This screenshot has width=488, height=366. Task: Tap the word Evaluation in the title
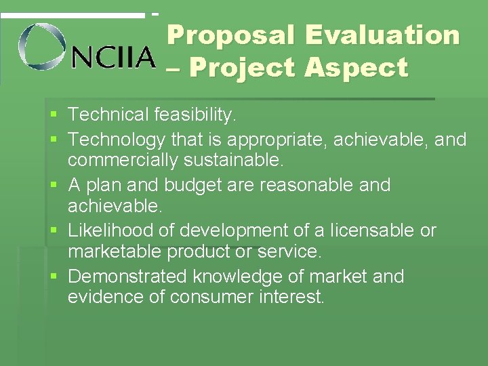point(382,35)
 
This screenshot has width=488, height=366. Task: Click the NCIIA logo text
point(114,58)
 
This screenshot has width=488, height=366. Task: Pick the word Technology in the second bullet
point(117,140)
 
